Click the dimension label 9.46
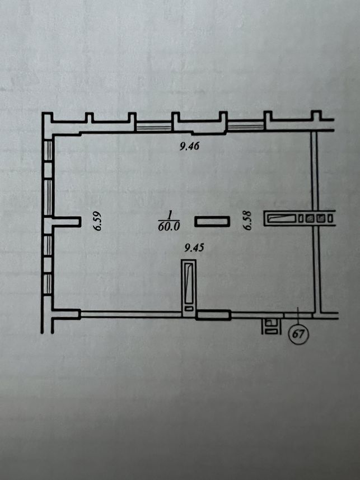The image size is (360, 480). tap(189, 146)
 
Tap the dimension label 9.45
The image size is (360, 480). tap(194, 248)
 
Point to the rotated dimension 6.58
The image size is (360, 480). tap(247, 220)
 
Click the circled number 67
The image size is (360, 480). tap(299, 333)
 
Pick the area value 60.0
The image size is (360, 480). tap(169, 226)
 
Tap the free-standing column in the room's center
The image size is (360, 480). tap(212, 221)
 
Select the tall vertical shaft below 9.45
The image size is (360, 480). tap(189, 288)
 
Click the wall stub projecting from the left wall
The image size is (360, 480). tap(66, 222)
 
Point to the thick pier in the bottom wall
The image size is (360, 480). tap(213, 315)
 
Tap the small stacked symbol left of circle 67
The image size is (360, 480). tap(270, 326)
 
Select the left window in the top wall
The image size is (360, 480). tap(153, 126)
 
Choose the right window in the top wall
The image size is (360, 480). tap(246, 126)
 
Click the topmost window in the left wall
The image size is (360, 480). tap(48, 150)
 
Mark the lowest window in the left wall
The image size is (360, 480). tap(48, 285)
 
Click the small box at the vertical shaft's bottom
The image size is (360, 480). tap(189, 308)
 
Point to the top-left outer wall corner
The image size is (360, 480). tap(42, 113)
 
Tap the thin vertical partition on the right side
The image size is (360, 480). tap(315, 222)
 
